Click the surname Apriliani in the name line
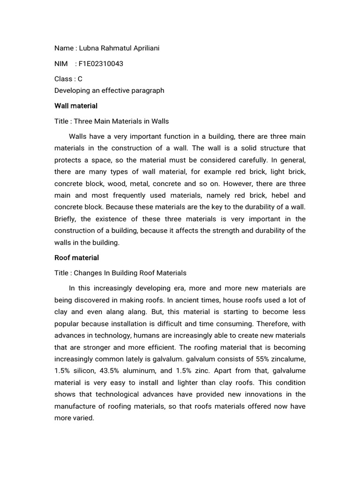[x=143, y=48]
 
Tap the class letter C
[x=80, y=79]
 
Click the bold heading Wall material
[x=76, y=106]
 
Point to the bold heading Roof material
[x=76, y=258]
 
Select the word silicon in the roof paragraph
[x=83, y=371]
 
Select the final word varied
[x=84, y=418]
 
